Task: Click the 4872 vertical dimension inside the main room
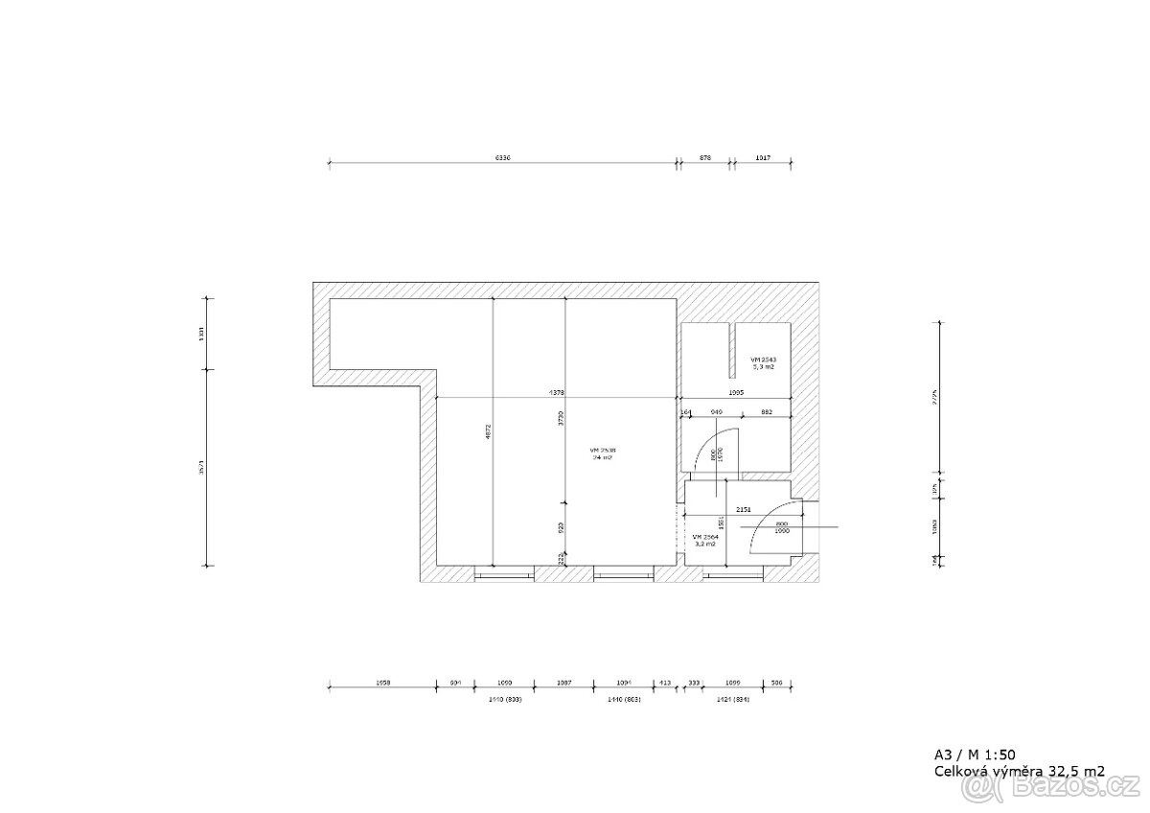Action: pos(489,432)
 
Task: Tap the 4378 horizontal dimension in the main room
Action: pos(556,392)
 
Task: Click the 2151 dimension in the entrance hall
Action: pos(743,511)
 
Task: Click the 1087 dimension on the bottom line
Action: pos(563,683)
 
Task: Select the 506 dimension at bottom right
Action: pos(776,683)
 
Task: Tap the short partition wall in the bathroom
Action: pos(733,350)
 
